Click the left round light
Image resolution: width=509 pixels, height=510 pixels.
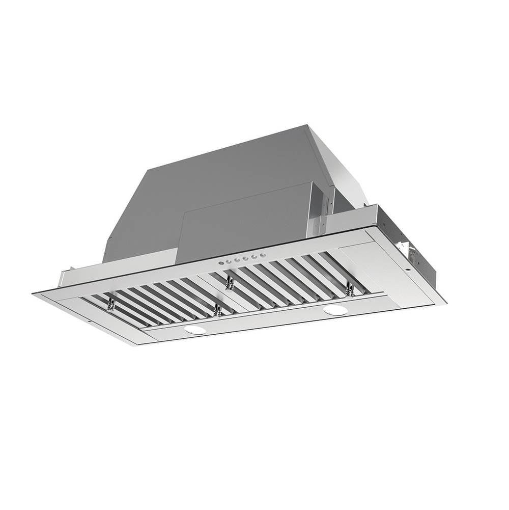195,330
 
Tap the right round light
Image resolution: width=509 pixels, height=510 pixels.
335,310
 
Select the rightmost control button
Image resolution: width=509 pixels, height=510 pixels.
263,255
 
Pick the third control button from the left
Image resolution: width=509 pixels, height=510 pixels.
237,260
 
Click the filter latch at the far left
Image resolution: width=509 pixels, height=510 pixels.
110,305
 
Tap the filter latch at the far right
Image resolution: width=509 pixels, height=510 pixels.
350,290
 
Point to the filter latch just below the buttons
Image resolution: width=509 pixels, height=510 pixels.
230,280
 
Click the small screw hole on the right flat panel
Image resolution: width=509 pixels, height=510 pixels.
407,270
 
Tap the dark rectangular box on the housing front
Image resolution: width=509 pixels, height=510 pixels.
244,224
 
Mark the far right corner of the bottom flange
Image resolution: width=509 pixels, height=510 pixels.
446,303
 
